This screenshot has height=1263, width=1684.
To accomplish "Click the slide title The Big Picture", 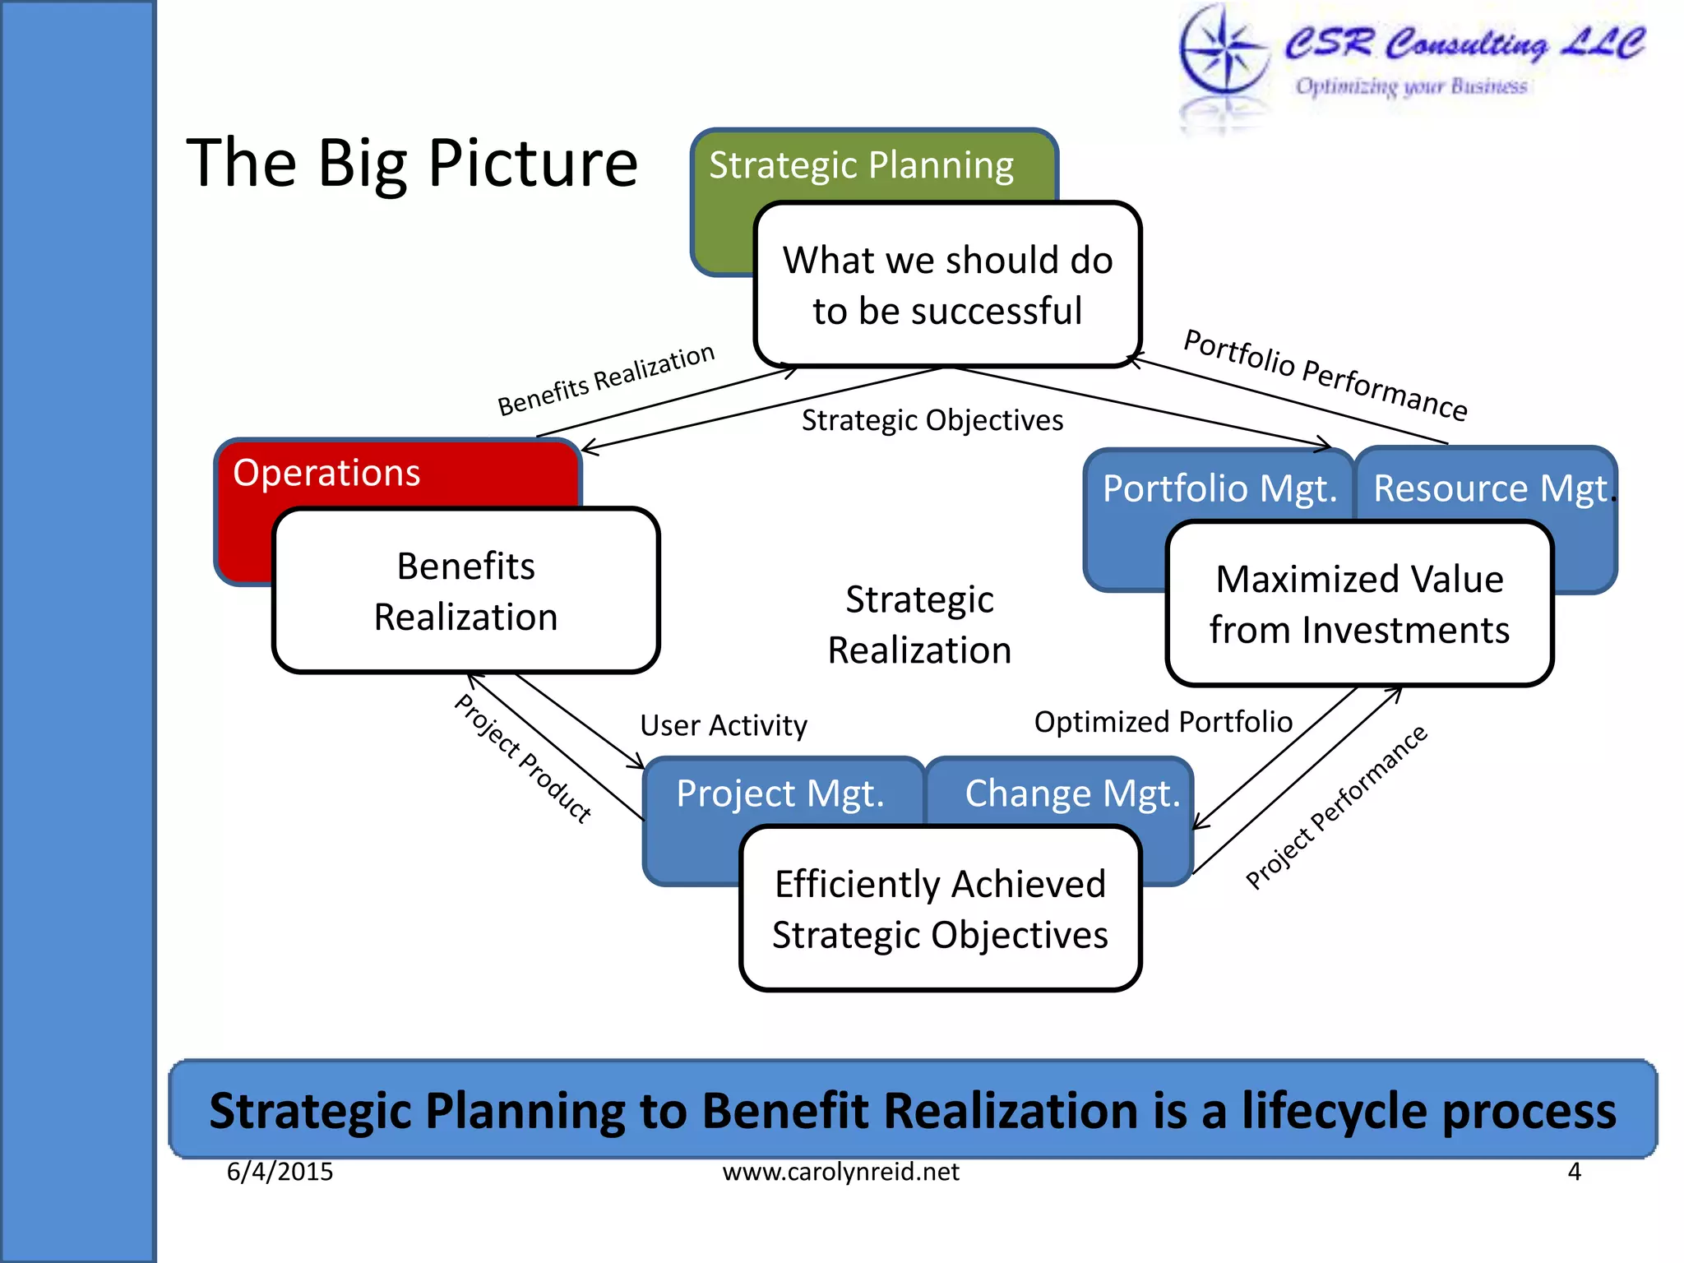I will pyautogui.click(x=411, y=163).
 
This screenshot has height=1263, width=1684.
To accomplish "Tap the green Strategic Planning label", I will pyautogui.click(x=861, y=165).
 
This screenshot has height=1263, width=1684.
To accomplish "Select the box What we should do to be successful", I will pyautogui.click(x=947, y=285).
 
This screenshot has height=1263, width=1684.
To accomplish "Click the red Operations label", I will pyautogui.click(x=327, y=473).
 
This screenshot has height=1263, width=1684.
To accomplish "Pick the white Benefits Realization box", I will pyautogui.click(x=465, y=591).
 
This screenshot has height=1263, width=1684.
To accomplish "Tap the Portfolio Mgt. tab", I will pyautogui.click(x=1219, y=488).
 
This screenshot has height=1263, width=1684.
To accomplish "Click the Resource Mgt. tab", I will pyautogui.click(x=1490, y=488).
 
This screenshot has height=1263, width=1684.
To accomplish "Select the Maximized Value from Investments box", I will pyautogui.click(x=1359, y=604).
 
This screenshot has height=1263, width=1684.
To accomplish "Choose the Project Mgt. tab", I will pyautogui.click(x=780, y=793).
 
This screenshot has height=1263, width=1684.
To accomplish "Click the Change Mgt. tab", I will pyautogui.click(x=1071, y=793).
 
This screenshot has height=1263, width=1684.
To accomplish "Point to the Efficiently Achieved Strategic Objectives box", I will pyautogui.click(x=940, y=909).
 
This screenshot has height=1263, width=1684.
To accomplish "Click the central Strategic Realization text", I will pyautogui.click(x=919, y=625).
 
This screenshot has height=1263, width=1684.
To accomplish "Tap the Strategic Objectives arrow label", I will pyautogui.click(x=932, y=420).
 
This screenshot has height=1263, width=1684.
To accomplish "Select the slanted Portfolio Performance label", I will pyautogui.click(x=1325, y=375).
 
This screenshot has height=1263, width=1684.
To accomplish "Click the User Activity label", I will pyautogui.click(x=724, y=725).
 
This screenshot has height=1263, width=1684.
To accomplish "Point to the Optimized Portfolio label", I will pyautogui.click(x=1163, y=722).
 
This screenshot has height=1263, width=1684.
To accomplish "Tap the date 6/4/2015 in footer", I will pyautogui.click(x=280, y=1171).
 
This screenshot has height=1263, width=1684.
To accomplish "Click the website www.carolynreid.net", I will pyautogui.click(x=840, y=1171).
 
